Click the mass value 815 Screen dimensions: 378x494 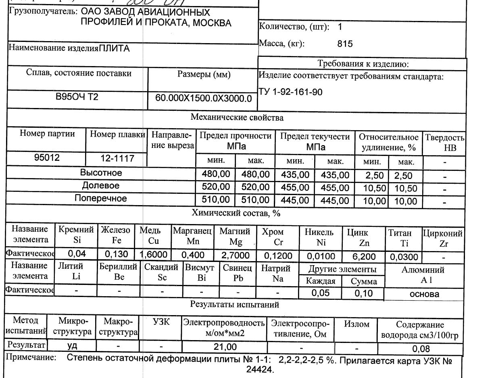coord(345,44)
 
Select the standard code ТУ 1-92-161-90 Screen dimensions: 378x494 coord(290,92)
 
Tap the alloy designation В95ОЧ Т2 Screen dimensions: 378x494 coord(77,98)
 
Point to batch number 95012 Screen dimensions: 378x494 coord(46,158)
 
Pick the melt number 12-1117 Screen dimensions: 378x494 coord(117,159)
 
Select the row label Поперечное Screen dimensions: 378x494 coord(100,198)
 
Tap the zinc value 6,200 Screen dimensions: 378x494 coord(364,256)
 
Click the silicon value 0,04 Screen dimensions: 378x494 coord(76,254)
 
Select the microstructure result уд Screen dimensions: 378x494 coord(72,346)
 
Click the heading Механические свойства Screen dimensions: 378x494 coord(237,118)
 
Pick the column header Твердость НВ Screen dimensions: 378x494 coord(444,143)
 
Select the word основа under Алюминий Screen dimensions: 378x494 coord(424,294)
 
